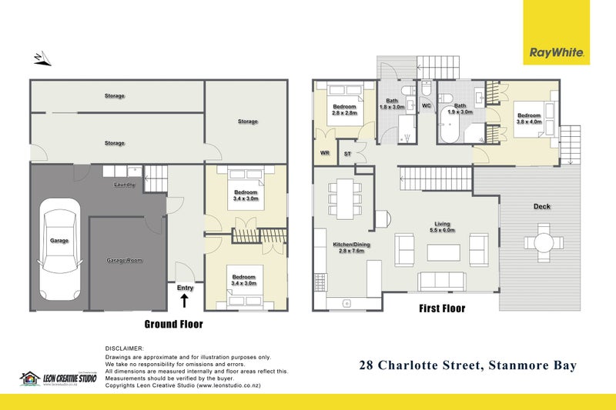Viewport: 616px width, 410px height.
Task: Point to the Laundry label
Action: [125, 185]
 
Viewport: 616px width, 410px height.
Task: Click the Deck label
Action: [542, 206]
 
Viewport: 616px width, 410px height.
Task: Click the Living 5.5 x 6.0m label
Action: [441, 228]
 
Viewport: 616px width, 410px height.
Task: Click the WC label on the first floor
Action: [427, 107]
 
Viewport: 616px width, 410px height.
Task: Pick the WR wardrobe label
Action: [324, 153]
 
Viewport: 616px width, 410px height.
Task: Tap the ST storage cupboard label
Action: [347, 154]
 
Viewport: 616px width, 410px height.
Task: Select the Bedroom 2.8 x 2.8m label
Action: [345, 110]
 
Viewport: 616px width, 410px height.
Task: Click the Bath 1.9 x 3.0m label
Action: [460, 108]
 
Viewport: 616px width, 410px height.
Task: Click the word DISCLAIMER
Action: [124, 348]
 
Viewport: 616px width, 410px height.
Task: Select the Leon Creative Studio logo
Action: [58, 378]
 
